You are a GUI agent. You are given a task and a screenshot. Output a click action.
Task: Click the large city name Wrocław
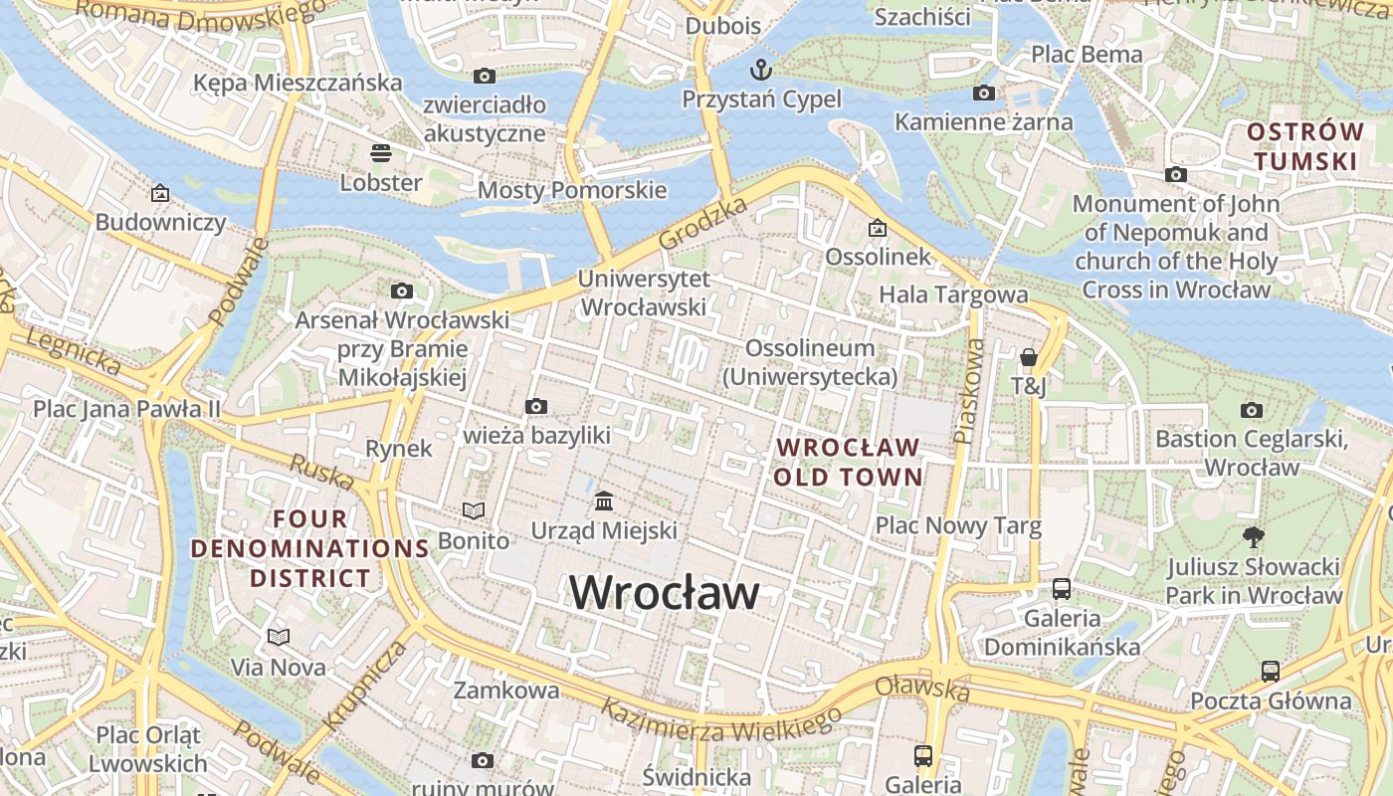pos(665,593)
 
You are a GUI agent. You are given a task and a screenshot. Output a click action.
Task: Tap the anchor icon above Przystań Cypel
pos(761,70)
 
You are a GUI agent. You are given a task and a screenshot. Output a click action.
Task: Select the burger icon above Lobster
pos(380,153)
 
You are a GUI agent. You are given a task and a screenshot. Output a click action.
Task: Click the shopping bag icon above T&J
pos(1028,356)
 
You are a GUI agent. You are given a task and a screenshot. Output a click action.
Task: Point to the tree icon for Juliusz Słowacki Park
pos(1254,537)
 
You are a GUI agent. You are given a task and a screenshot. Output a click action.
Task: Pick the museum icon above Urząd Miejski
pos(603,500)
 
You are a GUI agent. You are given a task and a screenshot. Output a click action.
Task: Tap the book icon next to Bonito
pos(474,511)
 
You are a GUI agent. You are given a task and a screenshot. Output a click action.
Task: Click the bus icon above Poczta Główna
pos(1271,671)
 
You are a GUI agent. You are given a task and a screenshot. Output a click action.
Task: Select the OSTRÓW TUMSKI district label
pos(1305,146)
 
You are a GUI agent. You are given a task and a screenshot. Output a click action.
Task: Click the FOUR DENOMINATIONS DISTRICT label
pos(310,548)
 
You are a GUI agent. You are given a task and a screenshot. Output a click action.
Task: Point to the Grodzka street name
pos(702,224)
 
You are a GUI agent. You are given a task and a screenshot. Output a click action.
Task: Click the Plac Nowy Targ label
pos(958,525)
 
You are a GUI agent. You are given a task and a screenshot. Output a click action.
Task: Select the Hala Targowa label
pos(953,295)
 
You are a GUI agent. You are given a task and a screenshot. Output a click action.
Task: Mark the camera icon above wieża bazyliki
pos(536,406)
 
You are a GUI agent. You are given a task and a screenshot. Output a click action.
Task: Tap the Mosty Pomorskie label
pos(572,190)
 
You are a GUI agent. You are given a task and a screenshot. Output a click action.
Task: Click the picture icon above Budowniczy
pos(160,193)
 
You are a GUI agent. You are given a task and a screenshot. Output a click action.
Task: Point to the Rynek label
pos(399,449)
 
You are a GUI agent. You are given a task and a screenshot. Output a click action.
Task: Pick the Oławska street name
pos(922,688)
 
